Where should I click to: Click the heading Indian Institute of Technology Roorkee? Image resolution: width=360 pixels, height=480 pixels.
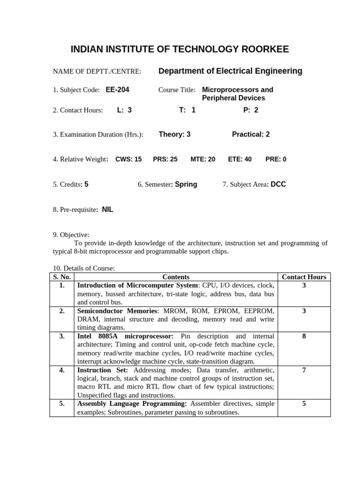180,49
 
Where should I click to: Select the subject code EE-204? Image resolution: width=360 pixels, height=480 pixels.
117,90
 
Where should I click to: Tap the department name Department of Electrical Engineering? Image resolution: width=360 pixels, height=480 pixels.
230,71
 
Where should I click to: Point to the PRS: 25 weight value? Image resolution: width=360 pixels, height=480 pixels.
165,159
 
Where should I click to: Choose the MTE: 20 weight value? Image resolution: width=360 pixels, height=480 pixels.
202,159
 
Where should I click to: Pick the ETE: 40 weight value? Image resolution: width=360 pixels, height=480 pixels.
240,159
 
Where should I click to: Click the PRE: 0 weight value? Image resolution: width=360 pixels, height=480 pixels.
276,159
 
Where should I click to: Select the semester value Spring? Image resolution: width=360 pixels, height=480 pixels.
186,185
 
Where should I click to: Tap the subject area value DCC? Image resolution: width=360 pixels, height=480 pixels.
278,185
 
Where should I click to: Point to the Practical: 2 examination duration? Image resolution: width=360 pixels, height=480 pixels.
251,135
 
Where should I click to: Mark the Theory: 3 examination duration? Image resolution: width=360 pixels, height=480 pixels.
174,135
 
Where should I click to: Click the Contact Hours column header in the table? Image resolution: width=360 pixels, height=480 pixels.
304,277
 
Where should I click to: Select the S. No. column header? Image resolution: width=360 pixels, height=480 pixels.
62,277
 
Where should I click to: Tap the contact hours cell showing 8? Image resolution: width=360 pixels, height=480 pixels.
304,336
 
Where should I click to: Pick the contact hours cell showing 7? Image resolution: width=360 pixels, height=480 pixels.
304,370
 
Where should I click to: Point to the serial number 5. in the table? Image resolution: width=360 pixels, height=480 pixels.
62,404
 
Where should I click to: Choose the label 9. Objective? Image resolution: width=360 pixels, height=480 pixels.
71,235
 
